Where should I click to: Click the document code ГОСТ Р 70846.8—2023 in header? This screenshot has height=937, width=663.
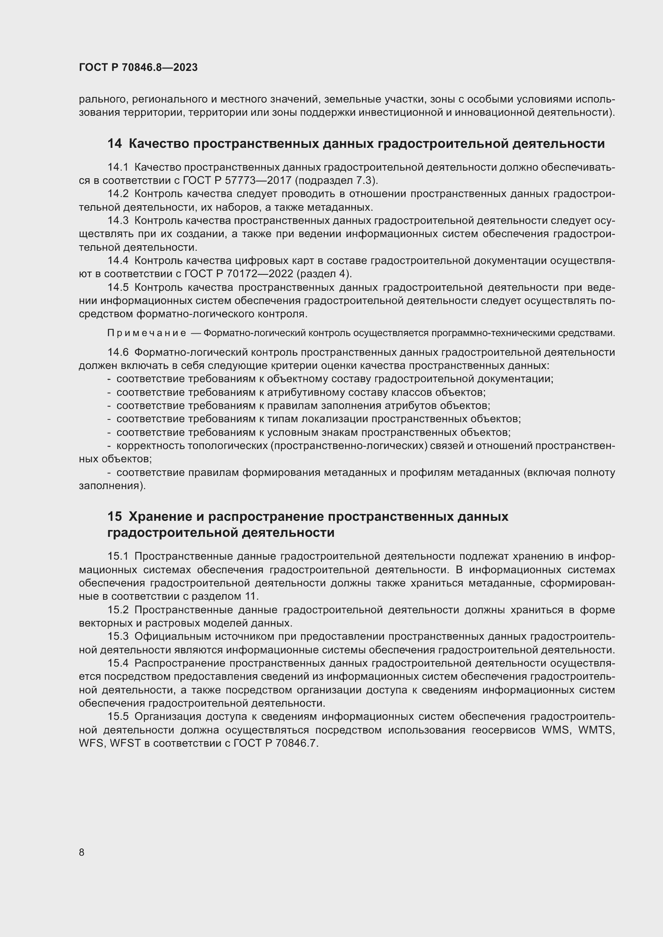pyautogui.click(x=138, y=68)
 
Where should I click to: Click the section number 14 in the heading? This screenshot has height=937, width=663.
pyautogui.click(x=114, y=144)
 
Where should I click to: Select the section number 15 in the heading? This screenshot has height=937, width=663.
pyautogui.click(x=114, y=517)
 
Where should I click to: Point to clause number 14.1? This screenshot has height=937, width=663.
pyautogui.click(x=117, y=167)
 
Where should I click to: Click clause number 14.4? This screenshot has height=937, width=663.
pyautogui.click(x=117, y=261)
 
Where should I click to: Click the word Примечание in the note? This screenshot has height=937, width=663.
pyautogui.click(x=147, y=333)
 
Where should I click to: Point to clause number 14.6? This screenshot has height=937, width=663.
pyautogui.click(x=117, y=352)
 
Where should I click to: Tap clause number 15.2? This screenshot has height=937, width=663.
pyautogui.click(x=117, y=610)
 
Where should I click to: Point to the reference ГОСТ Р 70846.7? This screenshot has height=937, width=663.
pyautogui.click(x=275, y=744)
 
